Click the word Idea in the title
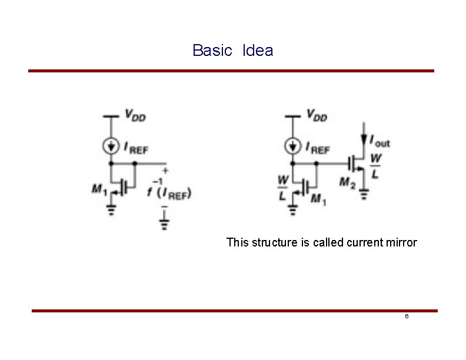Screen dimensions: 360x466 point(257,51)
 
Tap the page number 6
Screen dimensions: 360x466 point(406,316)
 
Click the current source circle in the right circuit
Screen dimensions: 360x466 point(292,145)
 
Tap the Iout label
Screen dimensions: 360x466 point(380,141)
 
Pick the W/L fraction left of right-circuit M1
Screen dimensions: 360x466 point(283,186)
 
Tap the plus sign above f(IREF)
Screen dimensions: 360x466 point(165,171)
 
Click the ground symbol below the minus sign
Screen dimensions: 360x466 point(165,222)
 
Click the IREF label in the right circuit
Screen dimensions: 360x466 point(317,149)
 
